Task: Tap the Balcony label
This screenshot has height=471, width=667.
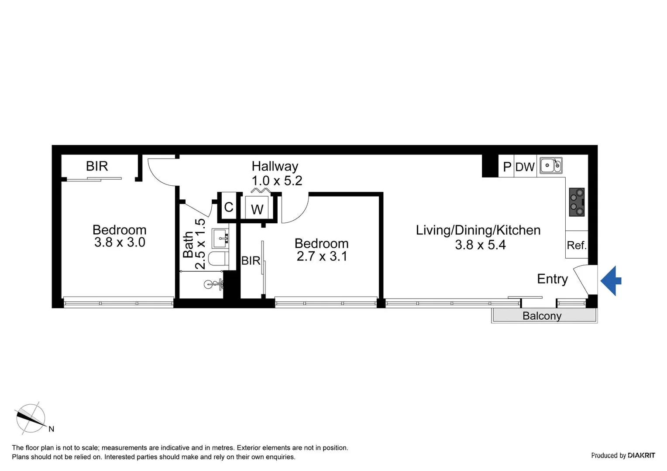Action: [x=542, y=316]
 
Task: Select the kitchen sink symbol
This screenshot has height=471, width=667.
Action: [x=550, y=166]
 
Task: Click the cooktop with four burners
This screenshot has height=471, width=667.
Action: [x=577, y=202]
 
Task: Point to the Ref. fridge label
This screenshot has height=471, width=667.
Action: [x=576, y=246]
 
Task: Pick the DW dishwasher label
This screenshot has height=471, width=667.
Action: [x=525, y=167]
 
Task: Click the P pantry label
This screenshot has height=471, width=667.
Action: [x=507, y=167]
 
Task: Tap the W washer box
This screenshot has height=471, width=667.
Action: [x=257, y=209]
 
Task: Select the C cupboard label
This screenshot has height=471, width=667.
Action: [x=228, y=207]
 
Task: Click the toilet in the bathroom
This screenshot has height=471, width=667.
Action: [x=218, y=258]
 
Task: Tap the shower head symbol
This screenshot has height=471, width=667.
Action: [x=213, y=285]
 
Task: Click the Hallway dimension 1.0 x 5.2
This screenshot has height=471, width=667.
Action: [x=277, y=181]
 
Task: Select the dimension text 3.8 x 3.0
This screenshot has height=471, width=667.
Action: [x=120, y=242]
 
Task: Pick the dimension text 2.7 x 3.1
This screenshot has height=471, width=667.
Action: [x=322, y=256]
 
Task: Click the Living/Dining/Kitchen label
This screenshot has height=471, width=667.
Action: [x=478, y=230]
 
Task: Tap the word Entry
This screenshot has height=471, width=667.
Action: [x=552, y=279]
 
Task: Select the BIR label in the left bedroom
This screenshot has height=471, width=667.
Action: [x=97, y=166]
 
